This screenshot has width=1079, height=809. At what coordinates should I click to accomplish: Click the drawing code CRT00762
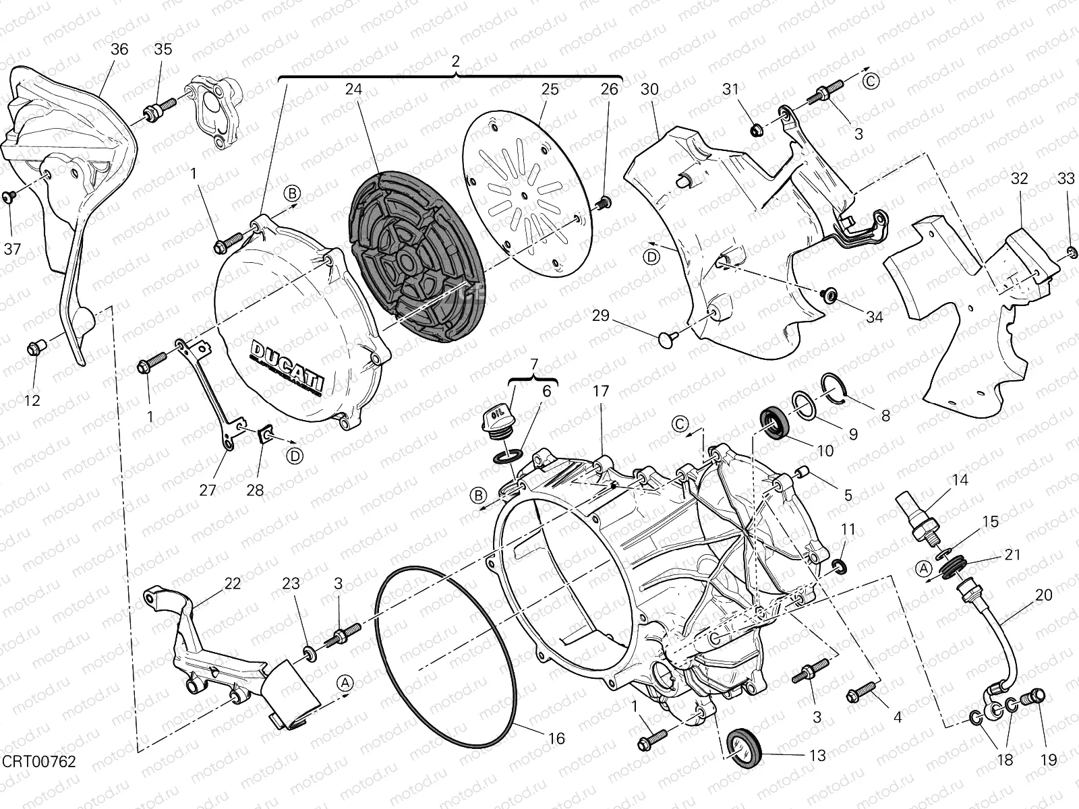[x=39, y=761]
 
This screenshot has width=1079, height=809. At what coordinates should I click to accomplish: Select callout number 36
[x=119, y=49]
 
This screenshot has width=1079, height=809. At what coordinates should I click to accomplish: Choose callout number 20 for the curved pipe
[x=1043, y=595]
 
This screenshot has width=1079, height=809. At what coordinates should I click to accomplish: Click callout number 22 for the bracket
[x=232, y=584]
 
